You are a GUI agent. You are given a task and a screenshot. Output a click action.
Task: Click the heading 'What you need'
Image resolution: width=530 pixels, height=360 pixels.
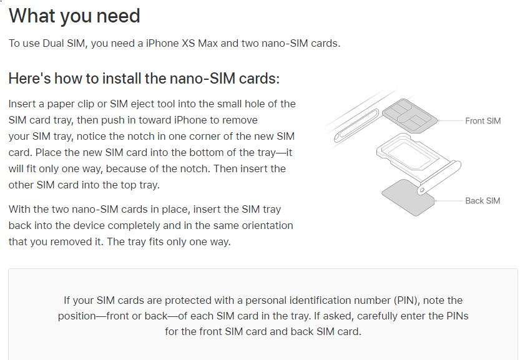point(74,16)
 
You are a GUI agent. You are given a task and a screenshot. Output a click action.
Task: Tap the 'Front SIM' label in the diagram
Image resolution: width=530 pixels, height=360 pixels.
point(483,121)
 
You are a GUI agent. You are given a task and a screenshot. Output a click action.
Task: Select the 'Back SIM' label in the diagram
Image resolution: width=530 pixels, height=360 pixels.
point(483,201)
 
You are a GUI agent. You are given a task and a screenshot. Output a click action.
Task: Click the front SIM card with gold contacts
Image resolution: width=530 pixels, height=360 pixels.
point(410,116)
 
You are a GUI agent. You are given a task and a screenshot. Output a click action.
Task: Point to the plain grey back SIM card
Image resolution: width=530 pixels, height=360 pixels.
point(408,198)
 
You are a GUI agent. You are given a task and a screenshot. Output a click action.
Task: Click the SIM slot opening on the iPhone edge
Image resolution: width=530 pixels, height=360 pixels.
point(356,125)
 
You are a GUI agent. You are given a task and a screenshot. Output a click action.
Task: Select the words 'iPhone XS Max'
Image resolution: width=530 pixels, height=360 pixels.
point(182,44)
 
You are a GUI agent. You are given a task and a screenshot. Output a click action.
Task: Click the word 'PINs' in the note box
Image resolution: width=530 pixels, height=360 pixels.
point(458,316)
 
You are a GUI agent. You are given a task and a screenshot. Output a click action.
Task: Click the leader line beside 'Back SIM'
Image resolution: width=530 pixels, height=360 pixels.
point(449,201)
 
